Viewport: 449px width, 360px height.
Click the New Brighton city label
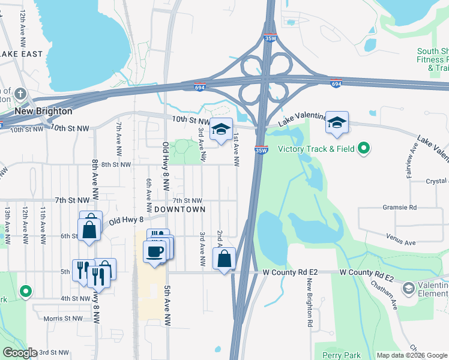[x=43, y=111]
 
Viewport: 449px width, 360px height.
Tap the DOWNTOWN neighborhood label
[x=179, y=209]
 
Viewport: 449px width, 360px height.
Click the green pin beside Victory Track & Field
[x=363, y=148]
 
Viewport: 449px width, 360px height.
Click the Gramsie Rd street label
[x=400, y=207]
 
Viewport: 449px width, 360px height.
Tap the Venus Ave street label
[x=401, y=243]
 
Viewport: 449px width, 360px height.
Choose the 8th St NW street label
[x=116, y=164]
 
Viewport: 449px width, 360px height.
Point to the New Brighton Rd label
[x=310, y=303]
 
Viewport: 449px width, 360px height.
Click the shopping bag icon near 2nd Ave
[x=224, y=259]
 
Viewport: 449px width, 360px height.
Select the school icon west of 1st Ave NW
[x=221, y=129]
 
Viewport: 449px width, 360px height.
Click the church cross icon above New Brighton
[x=21, y=94]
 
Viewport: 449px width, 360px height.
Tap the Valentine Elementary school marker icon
[x=408, y=289]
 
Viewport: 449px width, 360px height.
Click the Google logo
[x=19, y=353]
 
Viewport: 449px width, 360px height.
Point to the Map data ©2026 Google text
[x=411, y=355]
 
